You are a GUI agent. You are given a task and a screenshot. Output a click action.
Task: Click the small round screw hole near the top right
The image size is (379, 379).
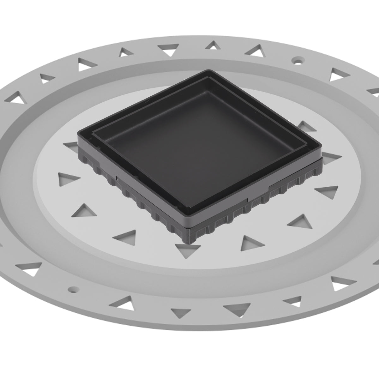pos(297,59)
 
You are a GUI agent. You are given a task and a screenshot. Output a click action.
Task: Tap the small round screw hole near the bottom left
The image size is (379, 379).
pos(73,289)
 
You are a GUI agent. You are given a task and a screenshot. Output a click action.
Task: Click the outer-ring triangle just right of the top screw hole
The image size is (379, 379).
pos(339,74)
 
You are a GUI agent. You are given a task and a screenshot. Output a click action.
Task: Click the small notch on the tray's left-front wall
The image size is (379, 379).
pos(117,178)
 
